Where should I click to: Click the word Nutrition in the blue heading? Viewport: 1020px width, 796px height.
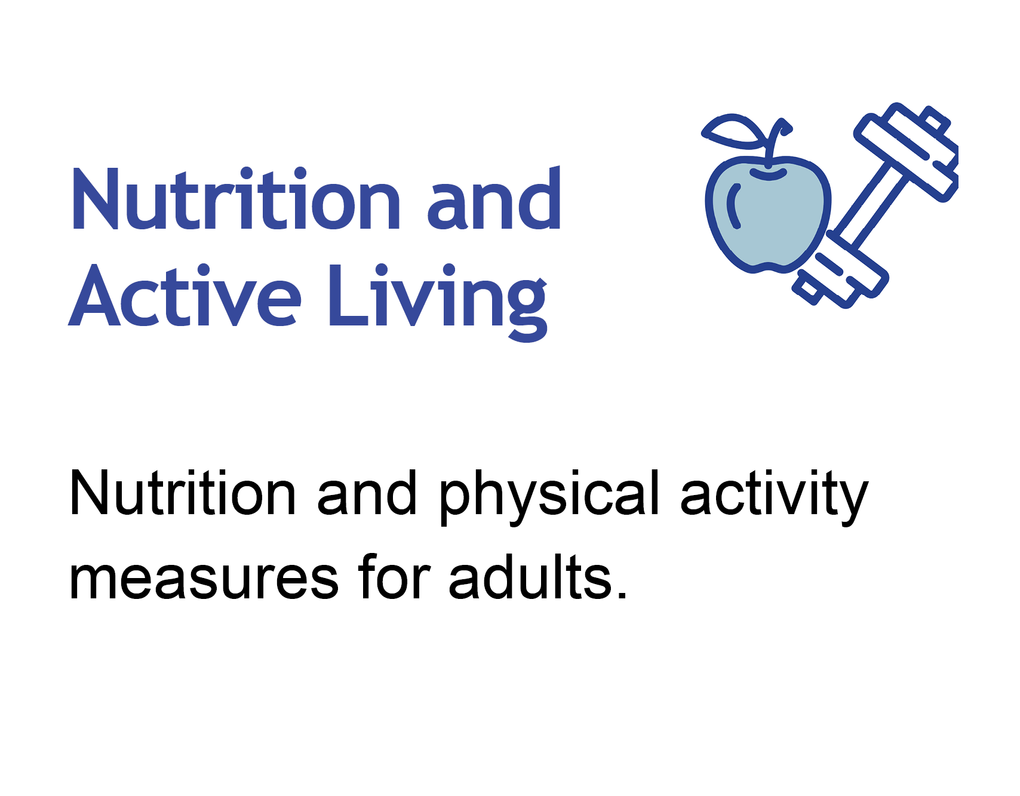pyautogui.click(x=236, y=200)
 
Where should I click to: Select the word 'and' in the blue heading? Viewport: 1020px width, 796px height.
pyautogui.click(x=494, y=200)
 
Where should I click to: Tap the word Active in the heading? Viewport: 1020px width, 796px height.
pyautogui.click(x=185, y=297)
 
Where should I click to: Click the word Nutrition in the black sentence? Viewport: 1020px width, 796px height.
pyautogui.click(x=182, y=493)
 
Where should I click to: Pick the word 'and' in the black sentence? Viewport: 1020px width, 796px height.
pyautogui.click(x=367, y=494)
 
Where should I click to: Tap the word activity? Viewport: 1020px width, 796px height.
pyautogui.click(x=774, y=496)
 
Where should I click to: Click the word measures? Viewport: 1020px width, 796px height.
pyautogui.click(x=204, y=578)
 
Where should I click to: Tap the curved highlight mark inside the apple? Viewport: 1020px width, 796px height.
pyautogui.click(x=733, y=206)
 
